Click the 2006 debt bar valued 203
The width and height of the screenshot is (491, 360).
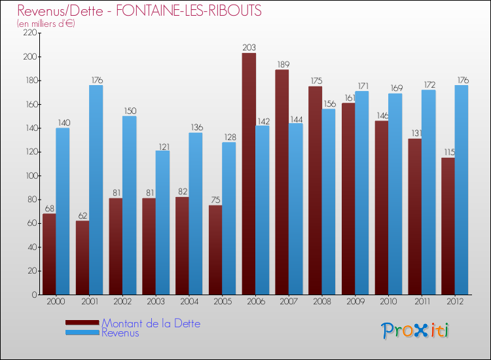click(x=249, y=173)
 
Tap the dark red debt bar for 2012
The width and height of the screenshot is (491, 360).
click(x=448, y=226)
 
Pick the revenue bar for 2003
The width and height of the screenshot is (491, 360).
click(x=162, y=223)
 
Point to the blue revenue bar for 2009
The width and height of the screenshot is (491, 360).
click(x=361, y=193)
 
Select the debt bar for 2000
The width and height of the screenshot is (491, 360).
click(x=49, y=254)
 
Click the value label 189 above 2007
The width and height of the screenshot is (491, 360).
click(x=282, y=64)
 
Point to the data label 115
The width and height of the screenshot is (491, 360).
click(x=448, y=153)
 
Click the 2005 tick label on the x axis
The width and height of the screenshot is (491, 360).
click(x=222, y=302)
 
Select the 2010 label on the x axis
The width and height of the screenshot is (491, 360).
click(x=388, y=302)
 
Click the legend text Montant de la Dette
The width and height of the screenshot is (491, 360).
click(x=151, y=323)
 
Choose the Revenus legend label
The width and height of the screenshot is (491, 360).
click(x=120, y=333)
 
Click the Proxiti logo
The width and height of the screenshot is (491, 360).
click(x=416, y=331)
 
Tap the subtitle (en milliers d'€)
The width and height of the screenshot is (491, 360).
click(x=46, y=24)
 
